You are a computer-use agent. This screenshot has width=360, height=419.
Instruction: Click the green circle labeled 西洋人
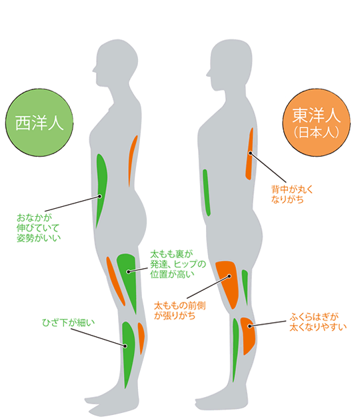(x=39, y=123)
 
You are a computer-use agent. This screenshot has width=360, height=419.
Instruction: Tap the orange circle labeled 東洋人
(x=317, y=123)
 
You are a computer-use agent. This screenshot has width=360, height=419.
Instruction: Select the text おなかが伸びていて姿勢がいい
(x=39, y=228)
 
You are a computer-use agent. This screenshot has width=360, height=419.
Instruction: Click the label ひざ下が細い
(x=69, y=322)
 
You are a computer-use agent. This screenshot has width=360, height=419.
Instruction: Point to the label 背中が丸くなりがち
(x=291, y=194)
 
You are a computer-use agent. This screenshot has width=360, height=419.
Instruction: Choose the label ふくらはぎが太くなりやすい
(x=318, y=322)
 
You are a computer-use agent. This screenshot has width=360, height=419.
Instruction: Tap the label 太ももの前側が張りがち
(x=180, y=310)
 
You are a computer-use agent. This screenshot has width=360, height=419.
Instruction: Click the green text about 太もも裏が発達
(x=178, y=264)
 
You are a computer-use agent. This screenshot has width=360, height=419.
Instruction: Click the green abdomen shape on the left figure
(x=101, y=187)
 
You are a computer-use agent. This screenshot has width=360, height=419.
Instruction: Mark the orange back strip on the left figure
(x=132, y=160)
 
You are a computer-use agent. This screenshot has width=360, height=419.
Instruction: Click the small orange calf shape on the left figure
(x=141, y=337)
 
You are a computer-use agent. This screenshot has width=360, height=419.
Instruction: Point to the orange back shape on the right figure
(x=249, y=153)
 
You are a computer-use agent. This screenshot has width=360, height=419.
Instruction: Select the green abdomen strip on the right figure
(x=207, y=192)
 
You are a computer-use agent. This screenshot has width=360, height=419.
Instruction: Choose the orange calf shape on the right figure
(x=249, y=334)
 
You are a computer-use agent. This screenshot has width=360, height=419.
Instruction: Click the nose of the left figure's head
(x=94, y=70)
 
